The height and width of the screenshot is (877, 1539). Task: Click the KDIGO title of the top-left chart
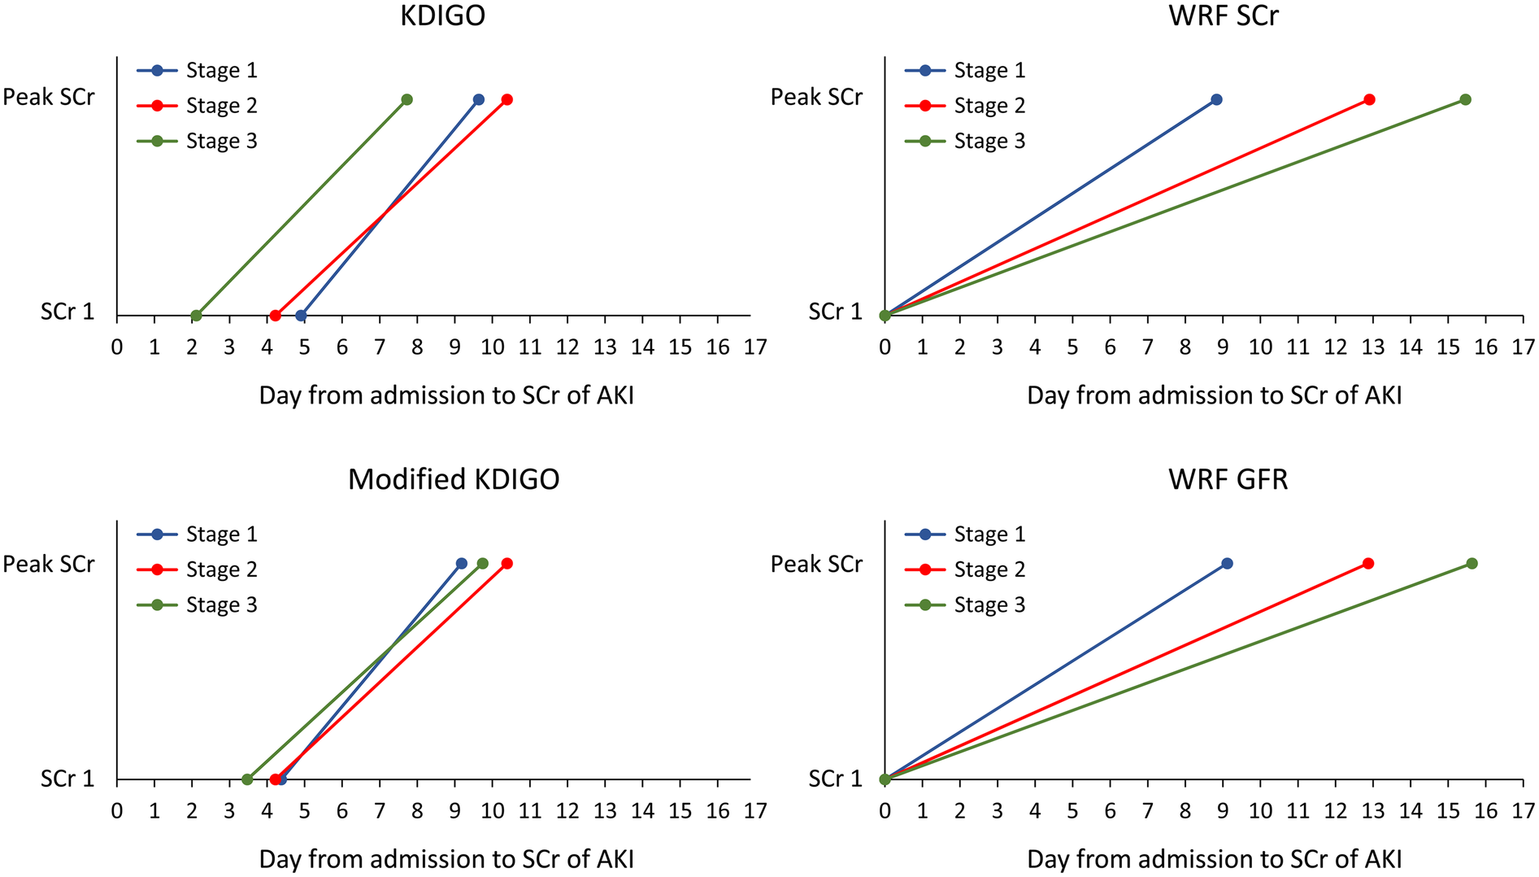click(x=442, y=15)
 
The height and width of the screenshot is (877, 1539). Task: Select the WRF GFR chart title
click(x=1228, y=479)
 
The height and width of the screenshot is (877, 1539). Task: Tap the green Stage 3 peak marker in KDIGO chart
click(x=406, y=100)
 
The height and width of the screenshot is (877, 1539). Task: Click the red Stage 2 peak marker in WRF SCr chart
click(x=1369, y=100)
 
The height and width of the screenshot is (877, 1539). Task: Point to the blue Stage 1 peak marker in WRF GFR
click(x=1227, y=564)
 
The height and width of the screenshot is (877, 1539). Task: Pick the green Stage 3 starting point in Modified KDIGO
click(x=247, y=779)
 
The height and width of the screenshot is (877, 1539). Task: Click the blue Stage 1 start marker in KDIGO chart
click(x=301, y=316)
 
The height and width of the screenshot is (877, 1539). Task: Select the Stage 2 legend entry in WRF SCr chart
click(x=989, y=106)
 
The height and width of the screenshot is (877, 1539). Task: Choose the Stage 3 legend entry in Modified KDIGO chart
click(x=220, y=605)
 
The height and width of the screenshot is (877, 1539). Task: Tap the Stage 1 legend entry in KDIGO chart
click(x=220, y=71)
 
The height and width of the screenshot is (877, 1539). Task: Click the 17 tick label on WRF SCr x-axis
click(x=1523, y=348)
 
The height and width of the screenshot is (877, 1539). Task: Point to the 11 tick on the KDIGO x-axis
click(x=529, y=348)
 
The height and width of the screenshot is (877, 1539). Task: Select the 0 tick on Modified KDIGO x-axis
click(x=117, y=812)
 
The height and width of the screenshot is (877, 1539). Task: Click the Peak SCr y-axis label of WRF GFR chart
click(x=816, y=564)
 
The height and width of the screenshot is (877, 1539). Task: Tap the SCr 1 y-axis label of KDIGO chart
click(x=67, y=312)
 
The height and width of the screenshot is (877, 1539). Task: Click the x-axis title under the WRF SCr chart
click(x=1214, y=395)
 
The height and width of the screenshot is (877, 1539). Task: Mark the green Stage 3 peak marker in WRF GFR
click(x=1472, y=564)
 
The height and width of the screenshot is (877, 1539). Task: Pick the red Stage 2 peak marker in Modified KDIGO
click(x=507, y=564)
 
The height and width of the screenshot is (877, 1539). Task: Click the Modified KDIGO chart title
click(x=454, y=479)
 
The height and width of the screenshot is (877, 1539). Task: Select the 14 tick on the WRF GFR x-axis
click(x=1411, y=812)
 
